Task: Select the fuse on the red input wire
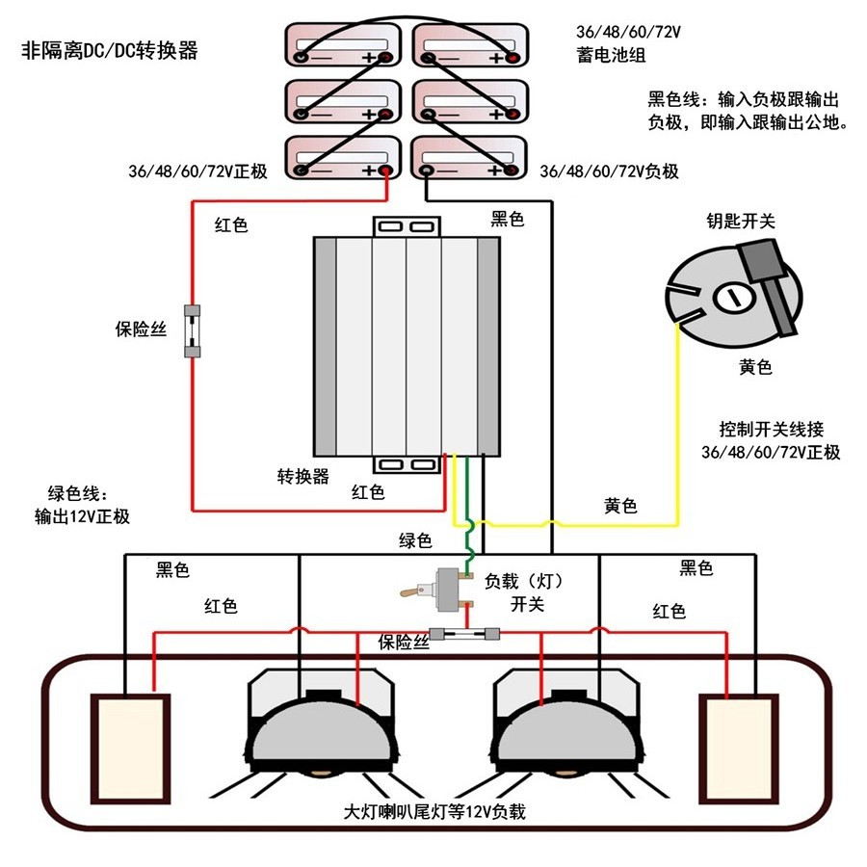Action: [193, 330]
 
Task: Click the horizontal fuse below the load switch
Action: [466, 634]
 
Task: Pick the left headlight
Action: [322, 727]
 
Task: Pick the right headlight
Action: [566, 727]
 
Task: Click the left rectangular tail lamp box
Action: [130, 748]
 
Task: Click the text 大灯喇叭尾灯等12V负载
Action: [434, 811]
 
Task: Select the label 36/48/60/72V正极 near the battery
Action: [197, 171]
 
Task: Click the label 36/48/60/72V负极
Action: [609, 171]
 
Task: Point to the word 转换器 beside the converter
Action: [303, 476]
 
